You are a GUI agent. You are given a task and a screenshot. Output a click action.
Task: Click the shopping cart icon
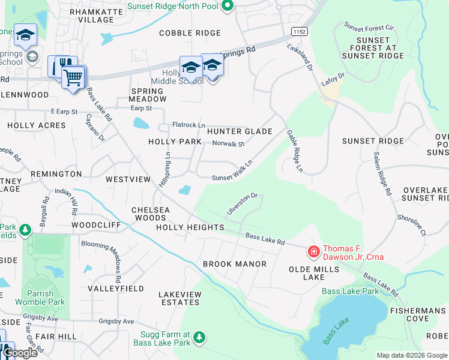(x=73, y=77)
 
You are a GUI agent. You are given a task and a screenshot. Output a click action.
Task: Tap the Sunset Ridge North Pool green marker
(x=227, y=7)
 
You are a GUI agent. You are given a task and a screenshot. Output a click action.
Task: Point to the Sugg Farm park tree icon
(x=199, y=338)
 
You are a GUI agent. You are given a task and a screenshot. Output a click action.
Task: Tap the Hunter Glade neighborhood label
(x=240, y=131)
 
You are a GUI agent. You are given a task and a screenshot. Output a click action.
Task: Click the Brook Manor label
(x=234, y=264)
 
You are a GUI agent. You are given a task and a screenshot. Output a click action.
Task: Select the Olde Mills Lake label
(x=313, y=273)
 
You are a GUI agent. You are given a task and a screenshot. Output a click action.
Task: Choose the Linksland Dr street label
(x=300, y=58)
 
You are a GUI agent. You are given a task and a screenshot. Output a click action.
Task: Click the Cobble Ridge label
(x=190, y=33)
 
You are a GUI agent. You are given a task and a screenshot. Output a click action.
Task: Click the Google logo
(x=20, y=353)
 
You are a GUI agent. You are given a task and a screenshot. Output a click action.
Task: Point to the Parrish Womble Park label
(x=44, y=298)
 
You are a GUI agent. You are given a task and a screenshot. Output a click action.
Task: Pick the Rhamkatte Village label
(x=91, y=16)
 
